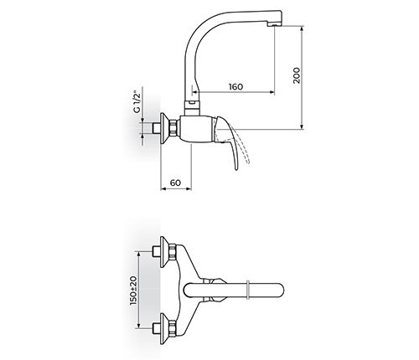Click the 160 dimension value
235,87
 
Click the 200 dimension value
297,75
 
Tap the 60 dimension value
175,183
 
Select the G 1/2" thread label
137,101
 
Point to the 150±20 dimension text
133,291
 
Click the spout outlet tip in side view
275,24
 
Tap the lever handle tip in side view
236,167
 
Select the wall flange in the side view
164,128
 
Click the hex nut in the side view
173,128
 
